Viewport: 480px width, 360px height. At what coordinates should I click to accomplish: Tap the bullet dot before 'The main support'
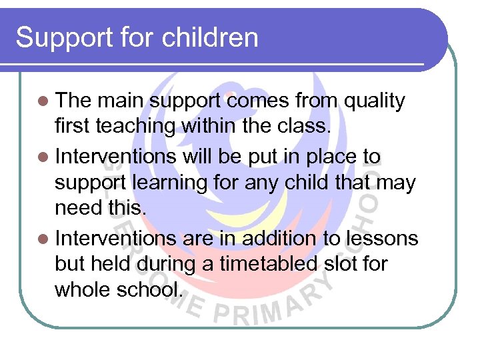[43, 101]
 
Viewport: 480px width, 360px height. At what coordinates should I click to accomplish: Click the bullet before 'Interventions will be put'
[43, 157]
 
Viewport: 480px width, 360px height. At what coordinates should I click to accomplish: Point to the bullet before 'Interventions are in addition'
[43, 238]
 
